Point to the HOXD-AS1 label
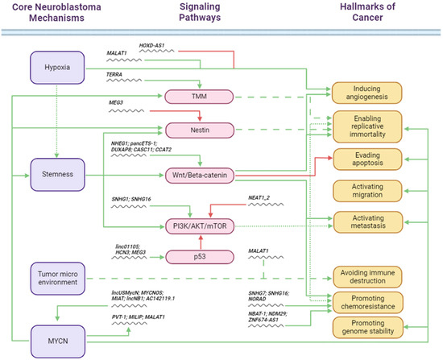(x=151, y=47)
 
